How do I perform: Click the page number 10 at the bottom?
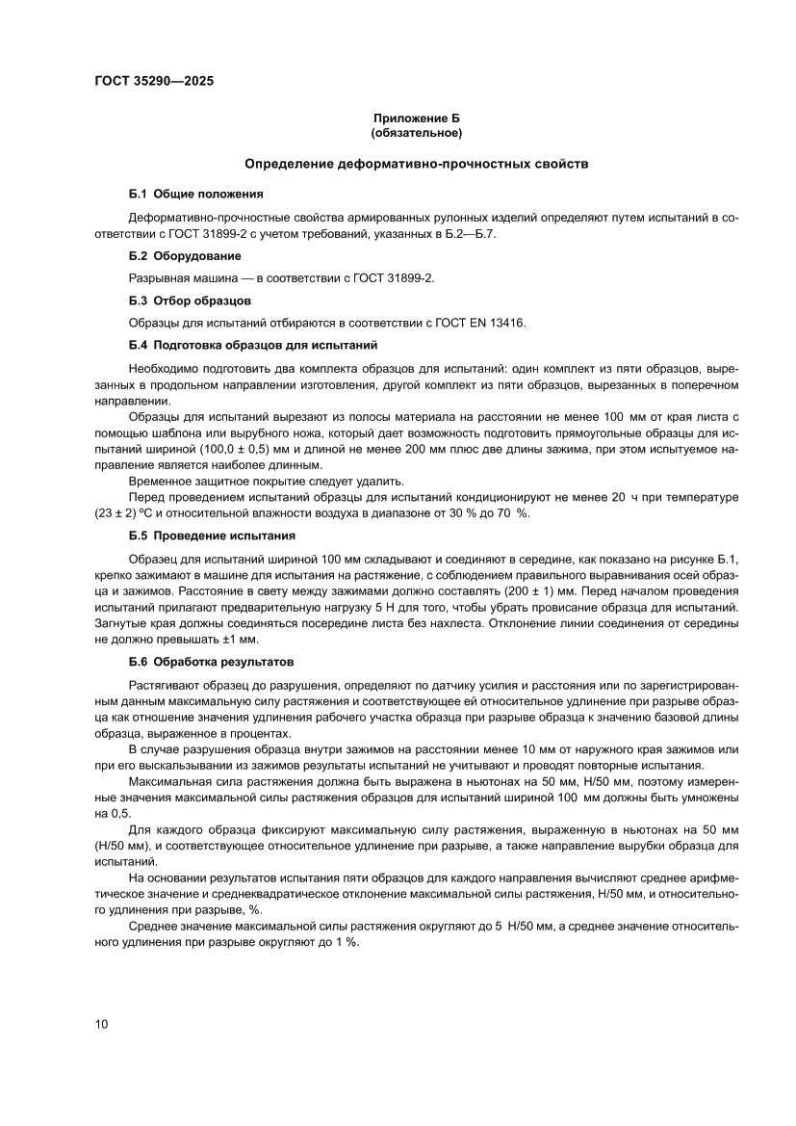click(x=102, y=1024)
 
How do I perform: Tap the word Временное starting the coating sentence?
click(x=161, y=481)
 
